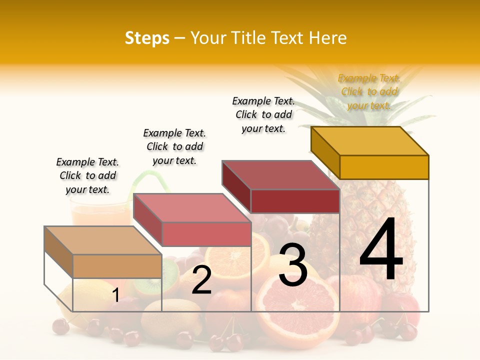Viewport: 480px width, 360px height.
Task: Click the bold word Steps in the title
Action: [x=147, y=38]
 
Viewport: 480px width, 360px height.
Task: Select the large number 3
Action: [x=293, y=265]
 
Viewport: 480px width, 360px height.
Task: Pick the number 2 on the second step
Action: [x=201, y=280]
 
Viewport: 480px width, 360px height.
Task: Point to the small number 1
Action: [x=115, y=295]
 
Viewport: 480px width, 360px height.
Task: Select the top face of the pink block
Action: [x=192, y=208]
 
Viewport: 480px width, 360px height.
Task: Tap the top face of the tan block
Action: [x=103, y=240]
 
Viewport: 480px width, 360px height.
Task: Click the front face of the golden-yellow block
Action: [x=384, y=167]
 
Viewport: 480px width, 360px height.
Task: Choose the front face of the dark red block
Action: [x=295, y=201]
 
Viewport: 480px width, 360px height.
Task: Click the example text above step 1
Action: [x=87, y=176]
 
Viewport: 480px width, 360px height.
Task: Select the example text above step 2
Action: [x=174, y=146]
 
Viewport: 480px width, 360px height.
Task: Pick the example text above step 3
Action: [x=263, y=114]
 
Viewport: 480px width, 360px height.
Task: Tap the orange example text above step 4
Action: [x=369, y=92]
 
